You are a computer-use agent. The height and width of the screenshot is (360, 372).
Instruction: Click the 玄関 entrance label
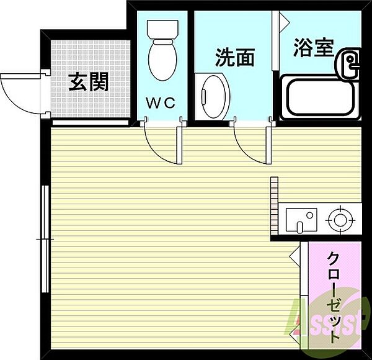coord(88,81)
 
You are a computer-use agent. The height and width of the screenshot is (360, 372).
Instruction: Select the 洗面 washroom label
coord(235,58)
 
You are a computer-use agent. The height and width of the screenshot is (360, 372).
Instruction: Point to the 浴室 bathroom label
coord(313,47)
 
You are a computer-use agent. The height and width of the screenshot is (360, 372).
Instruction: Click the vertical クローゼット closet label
coord(333,297)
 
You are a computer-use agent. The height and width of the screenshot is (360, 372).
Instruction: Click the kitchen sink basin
coord(301,218)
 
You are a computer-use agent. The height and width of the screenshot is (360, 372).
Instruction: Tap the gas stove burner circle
coord(339,218)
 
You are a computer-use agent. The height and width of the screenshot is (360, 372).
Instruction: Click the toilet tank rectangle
coord(162,27)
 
